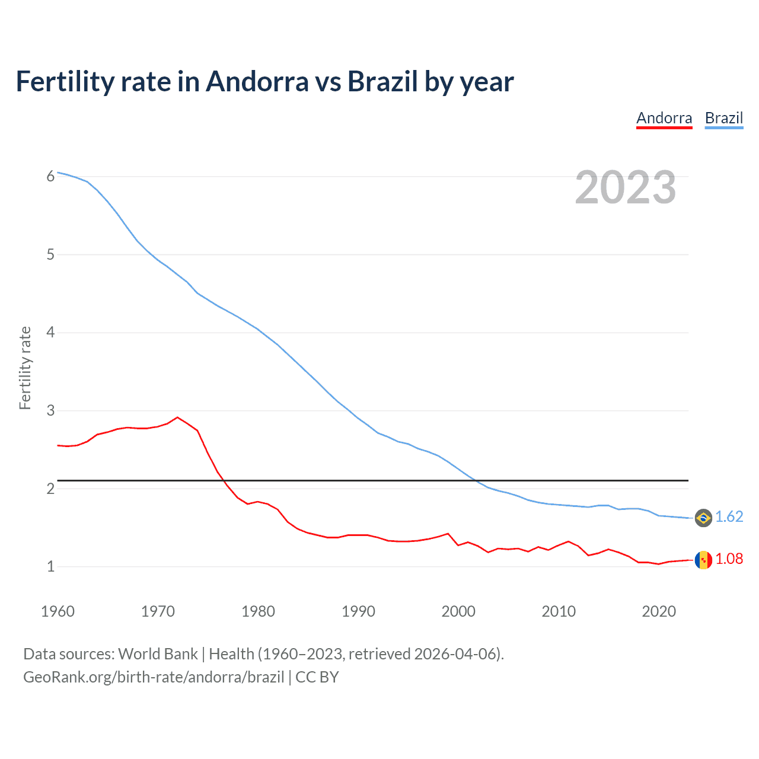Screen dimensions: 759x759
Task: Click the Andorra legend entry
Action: point(664,118)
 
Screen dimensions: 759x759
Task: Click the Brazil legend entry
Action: point(723,118)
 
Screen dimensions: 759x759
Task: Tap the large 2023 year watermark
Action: point(626,187)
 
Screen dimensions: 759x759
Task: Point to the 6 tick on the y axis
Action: point(50,176)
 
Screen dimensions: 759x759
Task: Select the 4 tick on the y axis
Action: point(50,332)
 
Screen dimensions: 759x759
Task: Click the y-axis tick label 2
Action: point(50,489)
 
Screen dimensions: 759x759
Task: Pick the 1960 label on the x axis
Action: point(58,611)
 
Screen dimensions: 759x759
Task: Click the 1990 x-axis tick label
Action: point(358,611)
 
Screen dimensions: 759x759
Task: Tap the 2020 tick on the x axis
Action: point(659,611)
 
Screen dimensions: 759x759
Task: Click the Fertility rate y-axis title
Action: point(25,368)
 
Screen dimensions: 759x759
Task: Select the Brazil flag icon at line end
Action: point(703,518)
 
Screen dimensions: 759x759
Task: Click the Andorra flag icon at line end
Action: point(703,560)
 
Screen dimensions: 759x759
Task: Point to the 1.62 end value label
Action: point(729,517)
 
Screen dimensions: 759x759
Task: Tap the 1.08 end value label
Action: point(729,559)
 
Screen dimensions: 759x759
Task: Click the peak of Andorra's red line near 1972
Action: point(177,417)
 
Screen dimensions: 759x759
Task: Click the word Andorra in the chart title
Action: point(257,82)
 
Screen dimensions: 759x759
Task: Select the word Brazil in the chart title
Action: point(382,82)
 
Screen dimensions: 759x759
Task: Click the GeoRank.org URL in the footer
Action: point(154,677)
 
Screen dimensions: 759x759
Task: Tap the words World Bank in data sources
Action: point(158,654)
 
